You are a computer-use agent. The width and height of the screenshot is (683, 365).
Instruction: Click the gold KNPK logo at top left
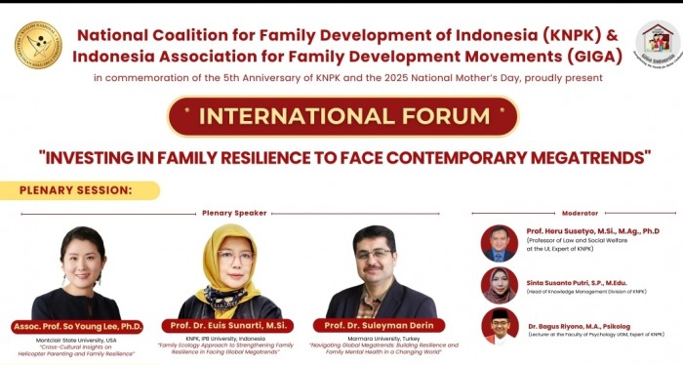[38, 45]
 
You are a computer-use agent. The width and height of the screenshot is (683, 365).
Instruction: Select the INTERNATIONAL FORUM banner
[342, 116]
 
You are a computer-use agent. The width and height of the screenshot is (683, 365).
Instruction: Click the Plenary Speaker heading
[234, 213]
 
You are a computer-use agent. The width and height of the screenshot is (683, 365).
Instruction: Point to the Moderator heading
[580, 213]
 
